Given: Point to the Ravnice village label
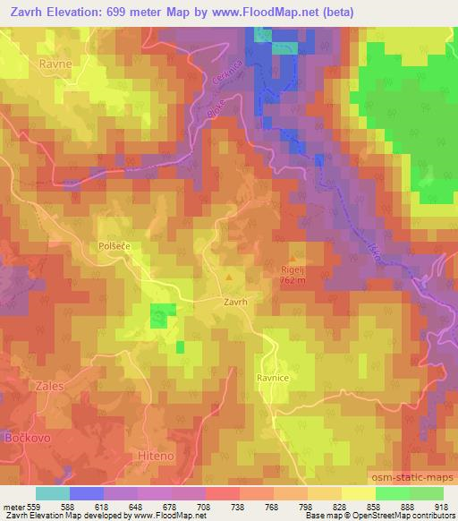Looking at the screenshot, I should pyautogui.click(x=275, y=378).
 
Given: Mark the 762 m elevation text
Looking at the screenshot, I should pyautogui.click(x=292, y=280).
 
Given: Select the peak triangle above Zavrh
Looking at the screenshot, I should pyautogui.click(x=231, y=278).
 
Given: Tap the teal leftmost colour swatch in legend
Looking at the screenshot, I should pyautogui.click(x=53, y=492).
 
